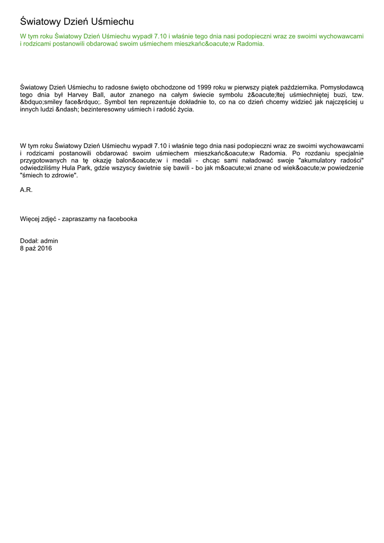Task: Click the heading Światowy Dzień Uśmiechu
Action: [77, 22]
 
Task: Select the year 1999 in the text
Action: [204, 86]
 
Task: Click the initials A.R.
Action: [26, 190]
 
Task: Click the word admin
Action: [49, 241]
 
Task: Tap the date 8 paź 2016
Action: [36, 248]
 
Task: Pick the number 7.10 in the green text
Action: [160, 36]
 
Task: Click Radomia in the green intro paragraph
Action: [250, 43]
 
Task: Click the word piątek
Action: [254, 86]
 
